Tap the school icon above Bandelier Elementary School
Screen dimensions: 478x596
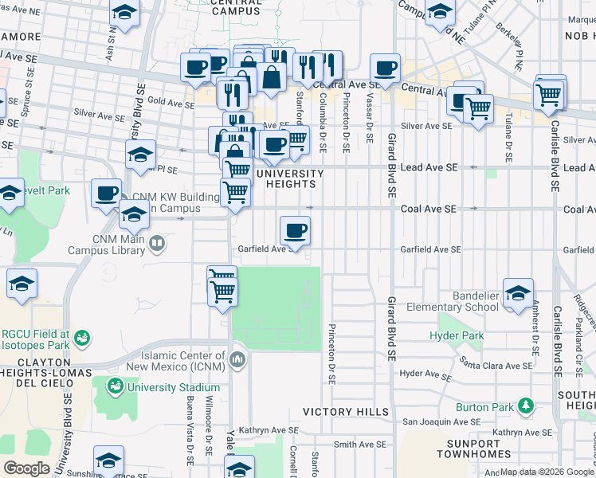[518, 292]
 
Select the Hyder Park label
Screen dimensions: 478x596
[457, 336]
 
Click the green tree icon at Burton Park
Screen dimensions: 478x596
[525, 406]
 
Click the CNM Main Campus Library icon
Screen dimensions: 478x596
[158, 244]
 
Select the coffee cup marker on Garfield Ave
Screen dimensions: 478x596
[295, 232]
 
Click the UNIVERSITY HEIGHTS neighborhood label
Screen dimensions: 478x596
[288, 178]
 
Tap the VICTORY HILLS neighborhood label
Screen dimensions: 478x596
[346, 412]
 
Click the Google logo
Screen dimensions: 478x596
[26, 468]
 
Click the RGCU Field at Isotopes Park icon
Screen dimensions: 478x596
[80, 339]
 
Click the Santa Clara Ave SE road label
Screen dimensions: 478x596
[496, 364]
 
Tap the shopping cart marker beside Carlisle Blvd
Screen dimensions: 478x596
[549, 94]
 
